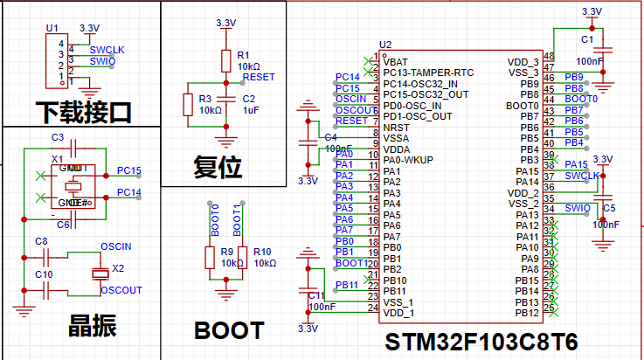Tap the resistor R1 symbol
click(225, 60)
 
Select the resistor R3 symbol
click(186, 104)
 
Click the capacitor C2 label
click(249, 99)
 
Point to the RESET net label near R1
click(258, 77)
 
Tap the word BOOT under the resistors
click(229, 331)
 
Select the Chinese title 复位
click(218, 167)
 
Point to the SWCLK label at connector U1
click(107, 51)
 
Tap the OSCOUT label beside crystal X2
click(121, 290)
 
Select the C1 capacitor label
click(587, 40)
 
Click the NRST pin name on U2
click(395, 127)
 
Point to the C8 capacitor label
click(40, 240)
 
